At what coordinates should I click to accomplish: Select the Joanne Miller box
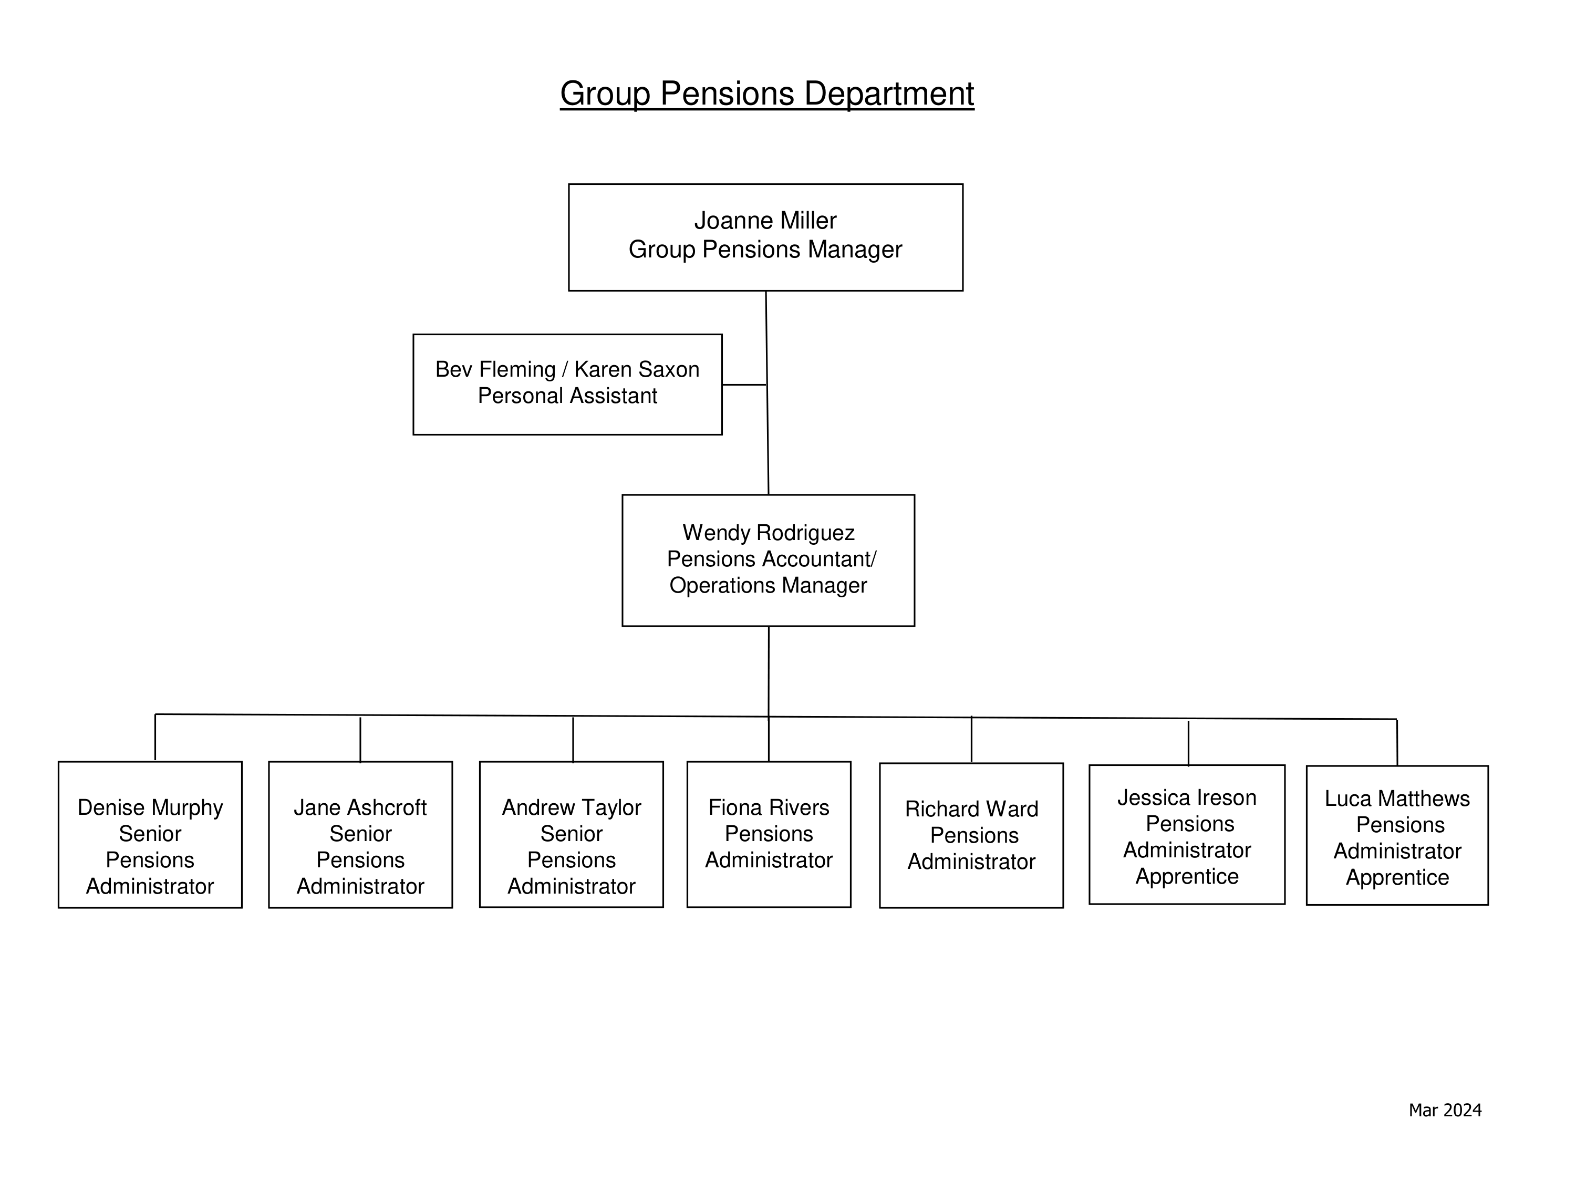click(x=766, y=237)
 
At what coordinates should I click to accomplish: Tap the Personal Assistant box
click(x=567, y=384)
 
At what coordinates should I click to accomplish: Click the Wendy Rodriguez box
click(x=768, y=561)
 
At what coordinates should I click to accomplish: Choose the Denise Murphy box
click(x=150, y=834)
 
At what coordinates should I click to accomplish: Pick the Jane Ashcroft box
click(x=360, y=834)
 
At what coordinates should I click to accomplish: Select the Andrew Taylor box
click(x=572, y=834)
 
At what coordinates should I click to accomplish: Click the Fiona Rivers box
click(x=769, y=834)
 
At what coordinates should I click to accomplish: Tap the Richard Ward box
click(x=972, y=836)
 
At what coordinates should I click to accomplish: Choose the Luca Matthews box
click(x=1397, y=836)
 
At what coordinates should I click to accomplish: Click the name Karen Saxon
click(x=637, y=369)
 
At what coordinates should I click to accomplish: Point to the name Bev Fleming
click(x=495, y=369)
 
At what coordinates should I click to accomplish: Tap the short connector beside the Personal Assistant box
click(x=744, y=385)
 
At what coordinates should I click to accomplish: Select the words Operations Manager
click(x=768, y=585)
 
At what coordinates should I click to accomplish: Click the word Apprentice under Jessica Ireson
click(x=1187, y=876)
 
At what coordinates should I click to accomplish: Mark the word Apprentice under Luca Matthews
click(x=1397, y=878)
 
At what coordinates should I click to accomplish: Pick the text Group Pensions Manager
click(x=765, y=250)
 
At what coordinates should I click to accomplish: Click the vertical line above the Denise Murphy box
click(x=155, y=738)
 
